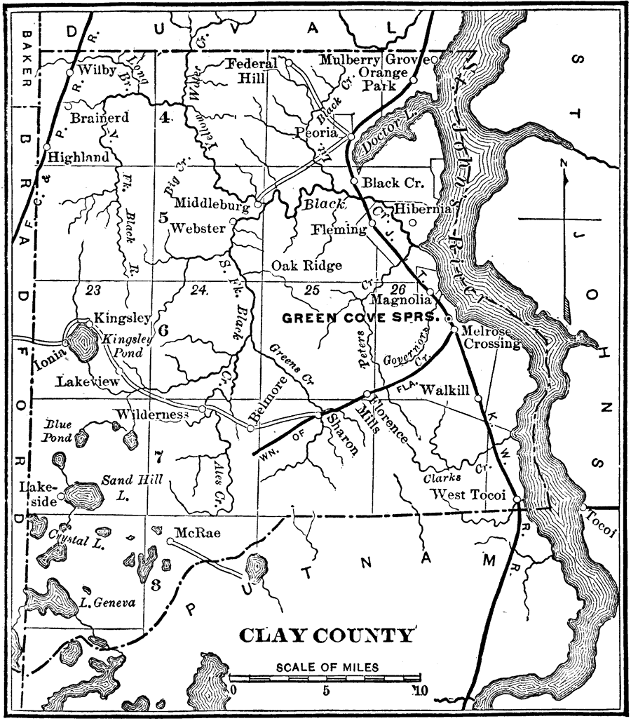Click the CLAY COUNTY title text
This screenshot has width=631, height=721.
[327, 636]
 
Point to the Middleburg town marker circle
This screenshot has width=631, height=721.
[258, 205]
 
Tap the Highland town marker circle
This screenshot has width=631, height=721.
[46, 148]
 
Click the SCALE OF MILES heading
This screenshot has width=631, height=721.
[327, 666]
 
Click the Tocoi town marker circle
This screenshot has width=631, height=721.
[583, 507]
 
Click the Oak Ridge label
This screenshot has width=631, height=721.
[307, 265]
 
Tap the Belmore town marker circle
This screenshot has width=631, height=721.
[250, 427]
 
